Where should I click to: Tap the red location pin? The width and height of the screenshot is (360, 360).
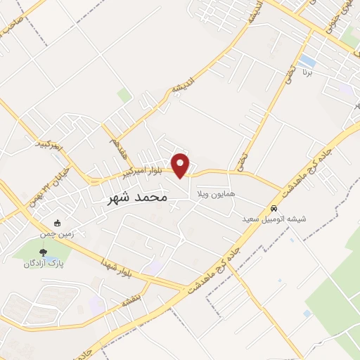coord(181,165)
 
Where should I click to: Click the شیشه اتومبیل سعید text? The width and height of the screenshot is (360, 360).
coord(274,219)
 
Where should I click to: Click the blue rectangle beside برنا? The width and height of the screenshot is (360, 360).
coord(307,60)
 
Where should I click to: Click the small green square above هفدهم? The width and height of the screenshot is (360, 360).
coord(124,94)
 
